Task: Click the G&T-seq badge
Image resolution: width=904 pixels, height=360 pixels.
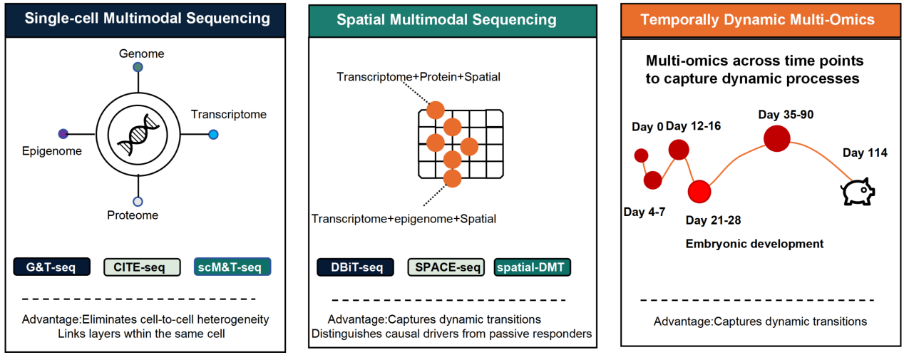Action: click(51, 267)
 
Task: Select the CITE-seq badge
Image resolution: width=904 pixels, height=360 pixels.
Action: click(142, 267)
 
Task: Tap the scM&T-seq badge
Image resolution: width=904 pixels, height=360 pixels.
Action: click(232, 267)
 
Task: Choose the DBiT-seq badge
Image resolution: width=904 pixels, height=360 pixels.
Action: click(355, 267)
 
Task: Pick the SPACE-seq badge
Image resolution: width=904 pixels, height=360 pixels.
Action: click(446, 267)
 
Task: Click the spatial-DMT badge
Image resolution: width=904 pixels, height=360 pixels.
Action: click(533, 267)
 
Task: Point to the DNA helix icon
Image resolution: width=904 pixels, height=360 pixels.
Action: click(138, 135)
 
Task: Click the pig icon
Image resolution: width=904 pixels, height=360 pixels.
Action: click(858, 192)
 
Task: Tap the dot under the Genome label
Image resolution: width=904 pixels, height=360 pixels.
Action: click(138, 67)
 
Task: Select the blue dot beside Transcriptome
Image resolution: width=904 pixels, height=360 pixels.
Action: click(213, 135)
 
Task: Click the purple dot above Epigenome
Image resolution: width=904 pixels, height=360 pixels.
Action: click(63, 133)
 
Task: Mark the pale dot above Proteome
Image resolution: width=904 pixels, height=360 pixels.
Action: click(138, 202)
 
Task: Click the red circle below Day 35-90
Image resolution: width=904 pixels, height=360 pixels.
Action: click(777, 138)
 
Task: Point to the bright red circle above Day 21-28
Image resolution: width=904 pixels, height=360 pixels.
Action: click(699, 192)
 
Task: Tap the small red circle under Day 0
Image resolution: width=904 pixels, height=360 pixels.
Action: click(641, 155)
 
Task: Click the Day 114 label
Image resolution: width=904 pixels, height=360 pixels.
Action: click(865, 153)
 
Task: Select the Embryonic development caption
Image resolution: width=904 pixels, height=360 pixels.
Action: click(755, 244)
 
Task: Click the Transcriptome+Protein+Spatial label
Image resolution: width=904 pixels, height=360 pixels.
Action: click(418, 77)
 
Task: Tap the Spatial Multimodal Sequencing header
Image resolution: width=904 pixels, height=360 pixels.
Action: click(447, 19)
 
